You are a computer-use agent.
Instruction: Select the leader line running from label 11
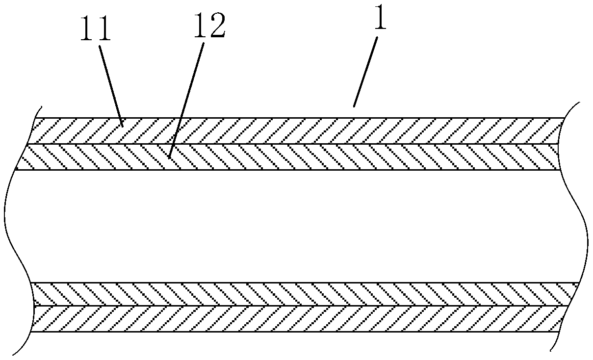click(110, 83)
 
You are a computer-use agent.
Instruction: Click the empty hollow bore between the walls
click(294, 226)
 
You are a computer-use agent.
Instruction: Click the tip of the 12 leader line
click(168, 157)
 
